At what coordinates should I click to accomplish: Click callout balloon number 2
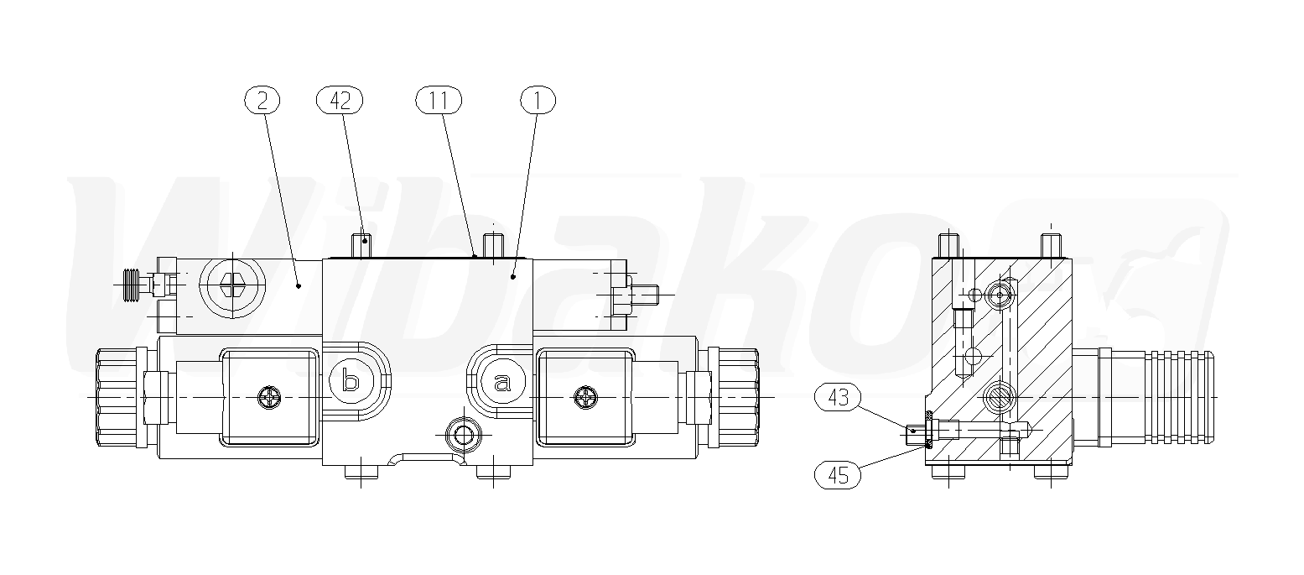262,100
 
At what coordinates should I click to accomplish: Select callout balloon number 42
340,100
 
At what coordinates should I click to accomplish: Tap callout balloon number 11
439,100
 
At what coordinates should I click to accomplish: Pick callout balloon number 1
538,100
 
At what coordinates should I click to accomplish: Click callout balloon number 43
838,397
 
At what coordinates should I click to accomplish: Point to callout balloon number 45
838,475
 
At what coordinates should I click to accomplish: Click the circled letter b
351,382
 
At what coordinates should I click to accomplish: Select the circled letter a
503,382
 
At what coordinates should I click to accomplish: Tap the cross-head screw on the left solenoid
269,398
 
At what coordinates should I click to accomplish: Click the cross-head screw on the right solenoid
585,398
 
